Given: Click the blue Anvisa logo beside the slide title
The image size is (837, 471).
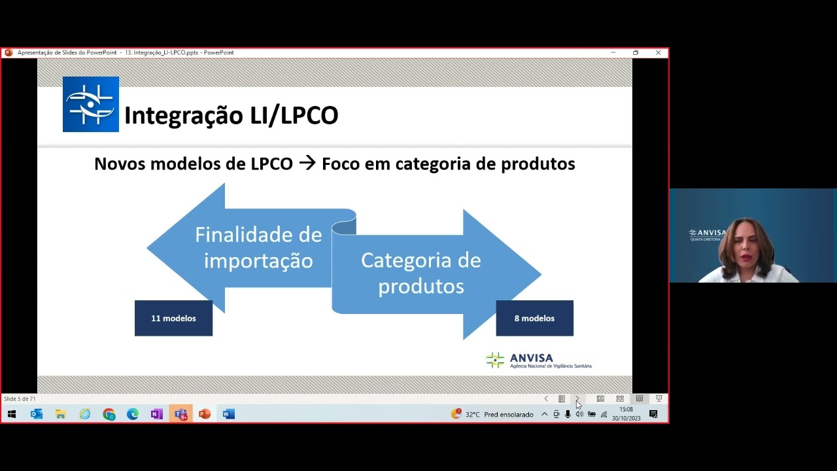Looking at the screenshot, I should (x=91, y=104).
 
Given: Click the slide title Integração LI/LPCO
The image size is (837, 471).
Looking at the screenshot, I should (x=231, y=115).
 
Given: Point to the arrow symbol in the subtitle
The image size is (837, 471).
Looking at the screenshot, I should (x=307, y=164).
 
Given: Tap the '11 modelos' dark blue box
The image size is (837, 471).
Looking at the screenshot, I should (x=173, y=319).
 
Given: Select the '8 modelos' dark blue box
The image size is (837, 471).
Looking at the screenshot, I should (x=534, y=319).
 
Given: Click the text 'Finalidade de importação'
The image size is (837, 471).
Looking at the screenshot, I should (x=258, y=247).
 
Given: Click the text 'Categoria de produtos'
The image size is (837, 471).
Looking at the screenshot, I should (x=420, y=273).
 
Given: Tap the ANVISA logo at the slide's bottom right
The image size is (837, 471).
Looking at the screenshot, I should (x=538, y=360).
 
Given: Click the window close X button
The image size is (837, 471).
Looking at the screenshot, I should (x=658, y=52).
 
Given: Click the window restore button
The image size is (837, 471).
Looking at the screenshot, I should (x=636, y=52).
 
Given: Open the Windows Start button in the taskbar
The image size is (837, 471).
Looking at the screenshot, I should (x=12, y=414).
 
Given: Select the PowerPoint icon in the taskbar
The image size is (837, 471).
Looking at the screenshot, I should (x=205, y=414).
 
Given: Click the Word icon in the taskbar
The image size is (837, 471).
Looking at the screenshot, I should (x=228, y=414).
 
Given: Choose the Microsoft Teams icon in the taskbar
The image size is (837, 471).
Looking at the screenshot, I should (x=181, y=414).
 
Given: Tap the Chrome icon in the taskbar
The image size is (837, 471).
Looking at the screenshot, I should (x=109, y=414).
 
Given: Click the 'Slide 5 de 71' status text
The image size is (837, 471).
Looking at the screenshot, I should (x=20, y=398).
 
